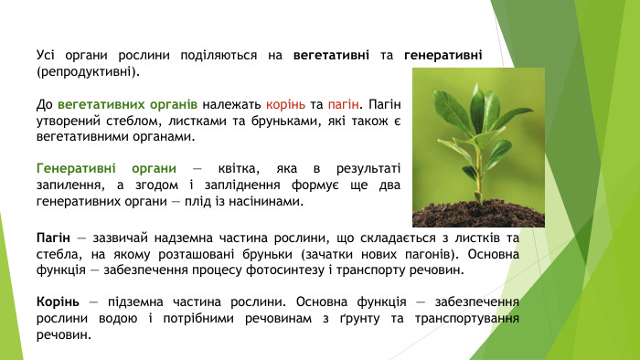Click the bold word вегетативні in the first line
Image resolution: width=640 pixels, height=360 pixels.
332,56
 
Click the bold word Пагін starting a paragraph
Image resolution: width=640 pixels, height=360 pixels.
55,238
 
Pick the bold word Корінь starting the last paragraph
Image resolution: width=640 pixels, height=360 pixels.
58,301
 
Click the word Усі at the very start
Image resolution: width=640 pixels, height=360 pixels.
47,56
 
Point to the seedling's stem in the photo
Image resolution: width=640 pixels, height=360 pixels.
478,169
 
